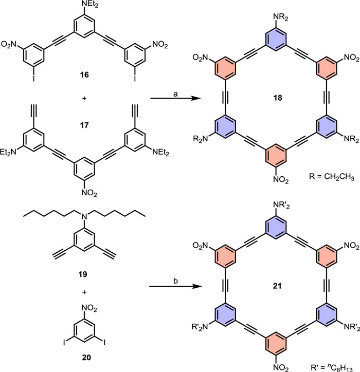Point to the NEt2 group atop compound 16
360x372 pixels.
[83, 6]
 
